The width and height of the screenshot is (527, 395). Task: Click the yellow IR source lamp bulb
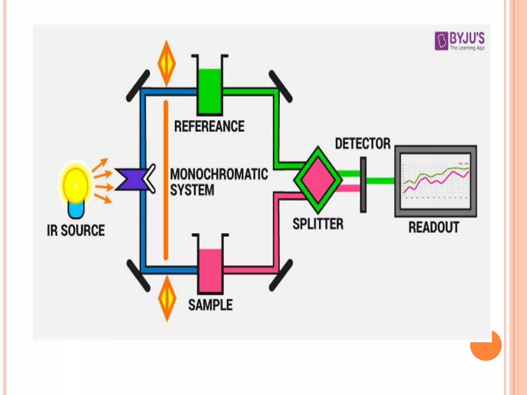[x=75, y=185]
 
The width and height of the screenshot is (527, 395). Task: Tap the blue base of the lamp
[x=76, y=210]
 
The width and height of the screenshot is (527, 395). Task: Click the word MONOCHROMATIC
[x=219, y=174]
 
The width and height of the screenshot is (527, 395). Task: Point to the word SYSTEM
[x=192, y=190]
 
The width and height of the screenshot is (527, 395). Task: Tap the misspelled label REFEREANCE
[x=209, y=126]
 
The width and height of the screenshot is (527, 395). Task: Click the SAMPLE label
[x=210, y=305]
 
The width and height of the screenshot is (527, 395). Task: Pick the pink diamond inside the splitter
[x=318, y=180]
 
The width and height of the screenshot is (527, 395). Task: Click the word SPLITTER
[x=318, y=224]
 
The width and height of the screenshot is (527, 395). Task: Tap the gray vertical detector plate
[x=363, y=185]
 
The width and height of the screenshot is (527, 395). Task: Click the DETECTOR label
[x=363, y=143]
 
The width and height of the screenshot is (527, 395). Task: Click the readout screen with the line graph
[x=435, y=181]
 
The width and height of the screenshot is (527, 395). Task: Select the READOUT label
[x=434, y=227]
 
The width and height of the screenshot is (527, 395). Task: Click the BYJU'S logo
[x=460, y=41]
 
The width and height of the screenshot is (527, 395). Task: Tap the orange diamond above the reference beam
[x=167, y=63]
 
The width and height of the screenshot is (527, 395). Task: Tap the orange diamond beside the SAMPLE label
[x=167, y=298]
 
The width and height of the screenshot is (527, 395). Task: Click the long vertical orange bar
[x=166, y=180]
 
